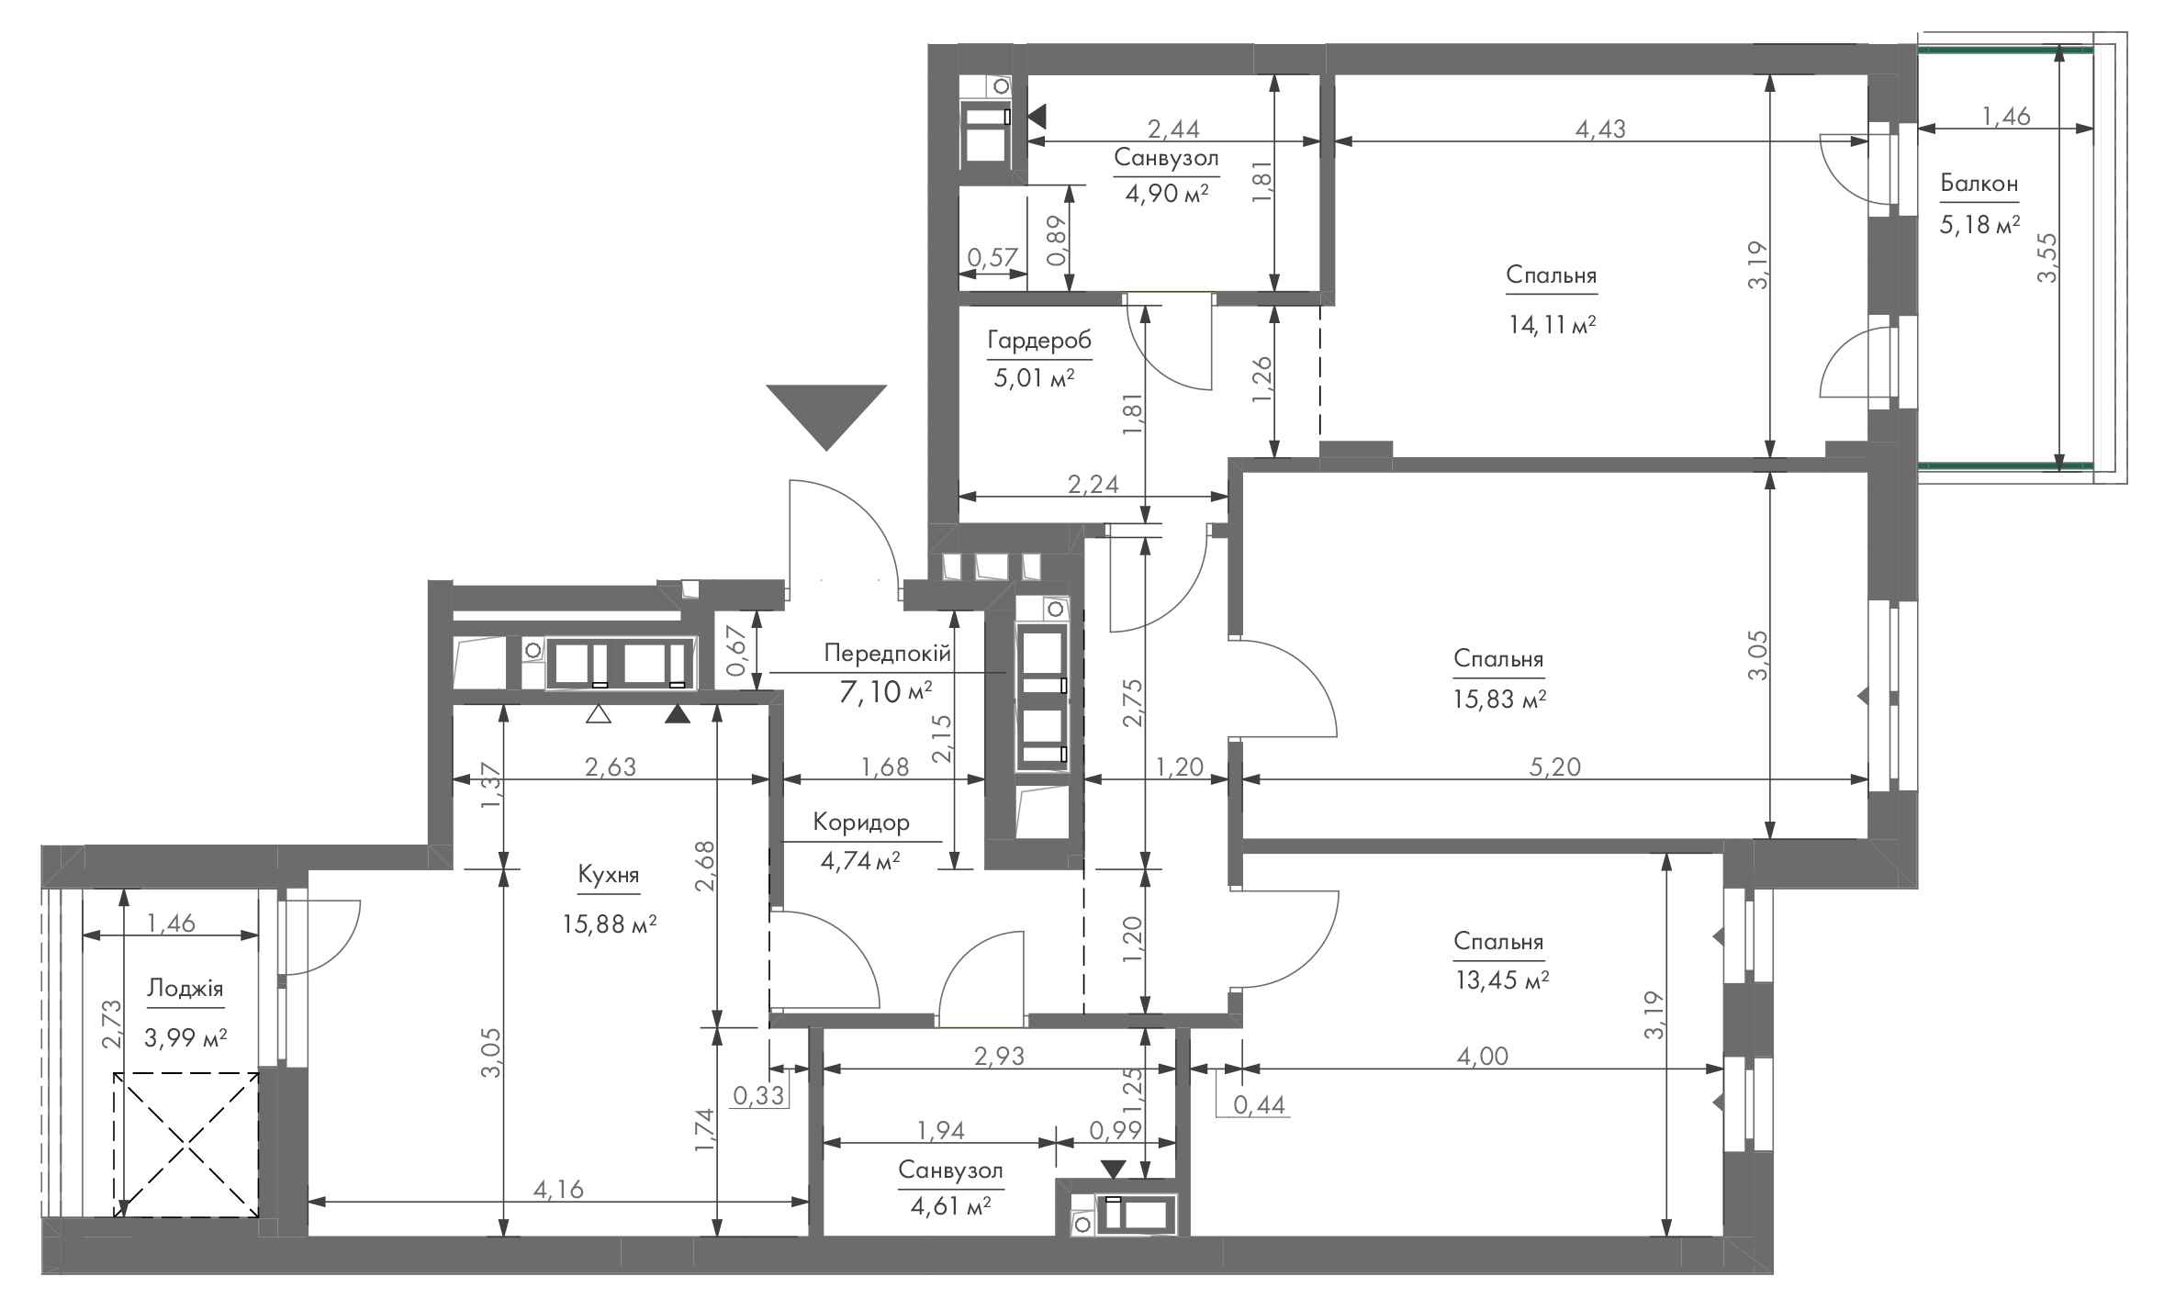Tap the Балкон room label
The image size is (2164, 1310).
[1979, 184]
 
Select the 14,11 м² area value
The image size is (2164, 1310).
[1552, 325]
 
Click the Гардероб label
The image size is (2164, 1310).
[1039, 341]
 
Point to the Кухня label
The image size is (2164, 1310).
[609, 875]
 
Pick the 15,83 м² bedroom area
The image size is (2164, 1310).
[1500, 700]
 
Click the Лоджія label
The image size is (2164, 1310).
[185, 990]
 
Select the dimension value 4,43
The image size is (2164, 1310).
[1600, 129]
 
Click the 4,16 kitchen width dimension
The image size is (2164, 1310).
[558, 1190]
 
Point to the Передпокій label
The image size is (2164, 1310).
[887, 654]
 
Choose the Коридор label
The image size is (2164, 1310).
[861, 823]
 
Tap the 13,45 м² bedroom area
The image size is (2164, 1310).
[1502, 981]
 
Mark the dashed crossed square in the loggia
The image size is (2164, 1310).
[186, 1145]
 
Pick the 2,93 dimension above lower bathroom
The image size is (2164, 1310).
[998, 1056]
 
